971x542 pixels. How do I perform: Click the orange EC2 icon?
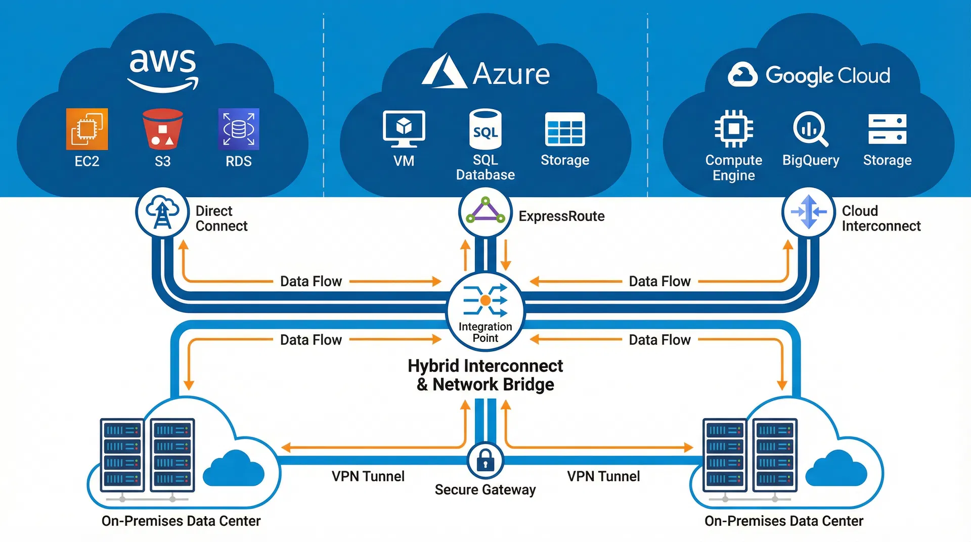87,129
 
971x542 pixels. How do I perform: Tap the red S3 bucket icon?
162,129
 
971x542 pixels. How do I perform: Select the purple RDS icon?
238,129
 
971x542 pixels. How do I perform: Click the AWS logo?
163,70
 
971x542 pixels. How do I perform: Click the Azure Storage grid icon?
565,129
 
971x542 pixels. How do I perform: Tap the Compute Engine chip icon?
733,129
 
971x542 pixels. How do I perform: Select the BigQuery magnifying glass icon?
810,129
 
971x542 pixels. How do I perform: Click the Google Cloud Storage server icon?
887,129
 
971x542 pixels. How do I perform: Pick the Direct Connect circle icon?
162,212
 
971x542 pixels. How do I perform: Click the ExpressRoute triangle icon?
485,212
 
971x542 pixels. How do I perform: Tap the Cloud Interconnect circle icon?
808,212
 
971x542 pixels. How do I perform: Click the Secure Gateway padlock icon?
485,460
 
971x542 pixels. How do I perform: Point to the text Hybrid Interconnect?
485,366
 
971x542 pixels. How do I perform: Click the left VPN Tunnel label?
368,476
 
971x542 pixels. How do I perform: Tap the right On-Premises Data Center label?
783,521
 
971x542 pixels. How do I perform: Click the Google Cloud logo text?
827,76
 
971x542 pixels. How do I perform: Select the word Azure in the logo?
511,74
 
